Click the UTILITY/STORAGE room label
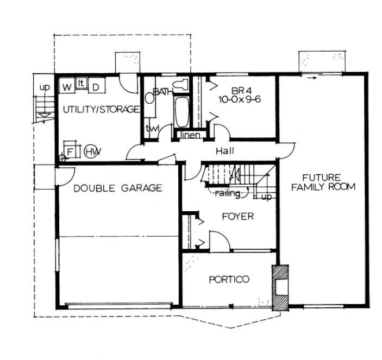click(101, 110)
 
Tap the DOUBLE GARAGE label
click(118, 188)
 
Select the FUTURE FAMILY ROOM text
click(322, 182)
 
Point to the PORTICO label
click(229, 280)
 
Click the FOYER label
click(237, 217)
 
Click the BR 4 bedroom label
click(239, 90)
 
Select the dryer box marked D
click(95, 86)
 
